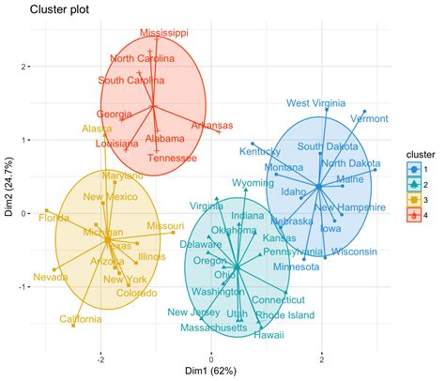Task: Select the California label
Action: pyautogui.click(x=81, y=319)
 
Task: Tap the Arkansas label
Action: pyautogui.click(x=212, y=125)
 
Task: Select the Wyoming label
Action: pyautogui.click(x=253, y=182)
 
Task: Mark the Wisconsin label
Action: pyautogui.click(x=354, y=251)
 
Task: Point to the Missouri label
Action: pyautogui.click(x=165, y=226)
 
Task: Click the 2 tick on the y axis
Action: pyautogui.click(x=27, y=67)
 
